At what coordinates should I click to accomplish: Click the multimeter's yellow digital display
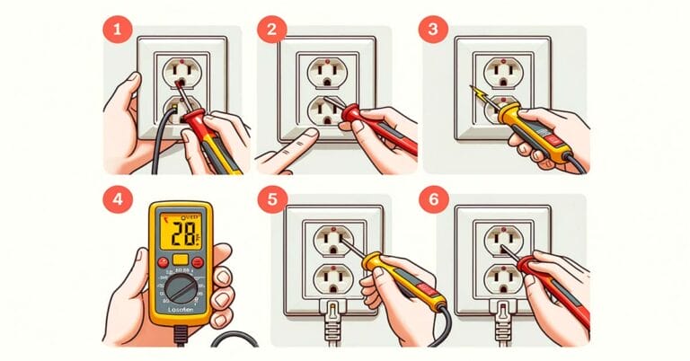pyautogui.click(x=179, y=236)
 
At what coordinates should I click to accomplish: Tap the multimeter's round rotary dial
pyautogui.click(x=182, y=289)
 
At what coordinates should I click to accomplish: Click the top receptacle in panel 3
pyautogui.click(x=500, y=70)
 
